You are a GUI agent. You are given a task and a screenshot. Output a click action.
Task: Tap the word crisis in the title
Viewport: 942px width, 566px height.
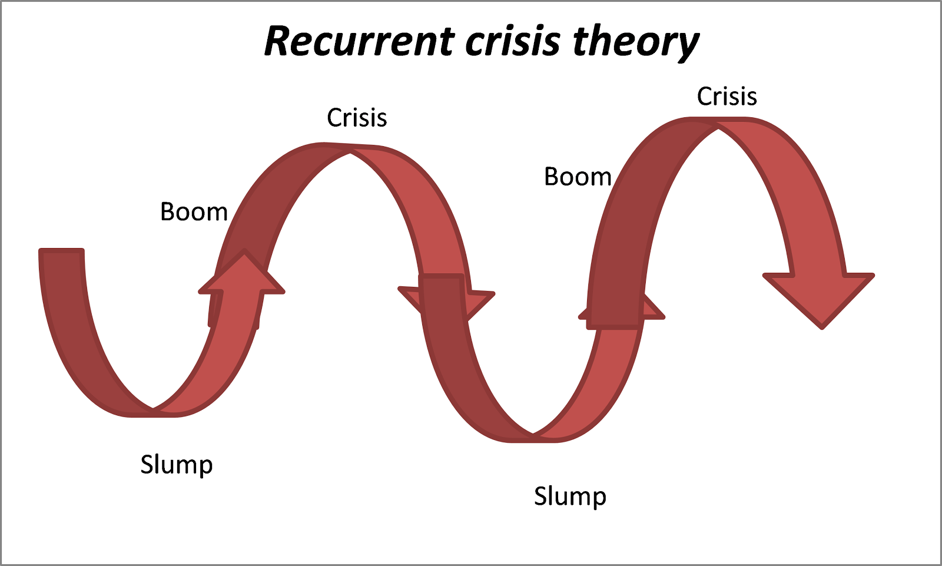(512, 41)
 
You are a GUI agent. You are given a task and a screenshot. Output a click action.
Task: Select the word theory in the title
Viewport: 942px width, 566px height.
(636, 42)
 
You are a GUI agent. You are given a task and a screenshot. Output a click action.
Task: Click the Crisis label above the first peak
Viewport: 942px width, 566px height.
(357, 118)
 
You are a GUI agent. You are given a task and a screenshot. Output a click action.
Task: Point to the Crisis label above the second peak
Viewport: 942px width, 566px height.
(727, 97)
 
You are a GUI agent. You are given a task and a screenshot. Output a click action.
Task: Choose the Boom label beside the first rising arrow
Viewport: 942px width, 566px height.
(194, 212)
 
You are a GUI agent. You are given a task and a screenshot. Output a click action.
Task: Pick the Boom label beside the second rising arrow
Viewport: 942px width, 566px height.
(578, 177)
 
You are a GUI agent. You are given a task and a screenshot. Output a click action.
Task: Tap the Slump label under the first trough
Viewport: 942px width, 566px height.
(176, 465)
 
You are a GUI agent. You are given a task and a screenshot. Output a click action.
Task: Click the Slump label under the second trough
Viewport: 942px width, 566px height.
(570, 496)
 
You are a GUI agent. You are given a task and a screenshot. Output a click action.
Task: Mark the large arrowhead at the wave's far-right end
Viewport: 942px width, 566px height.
(820, 297)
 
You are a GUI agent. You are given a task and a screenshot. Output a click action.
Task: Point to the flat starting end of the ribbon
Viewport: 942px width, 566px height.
(61, 252)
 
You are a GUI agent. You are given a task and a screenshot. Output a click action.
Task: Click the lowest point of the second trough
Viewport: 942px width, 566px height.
(533, 438)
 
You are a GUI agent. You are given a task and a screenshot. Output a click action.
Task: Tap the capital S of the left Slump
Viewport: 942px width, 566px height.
(147, 465)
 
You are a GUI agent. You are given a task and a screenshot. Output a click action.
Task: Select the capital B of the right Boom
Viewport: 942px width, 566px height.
(551, 177)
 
